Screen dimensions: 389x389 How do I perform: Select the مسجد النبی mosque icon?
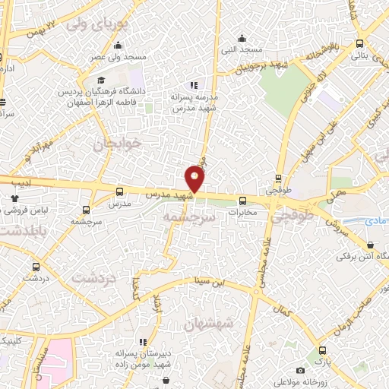pyautogui.click(x=242, y=39)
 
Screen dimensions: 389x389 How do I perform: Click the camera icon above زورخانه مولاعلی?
pyautogui.click(x=301, y=370)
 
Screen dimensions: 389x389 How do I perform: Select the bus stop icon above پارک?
pyautogui.click(x=323, y=350)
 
